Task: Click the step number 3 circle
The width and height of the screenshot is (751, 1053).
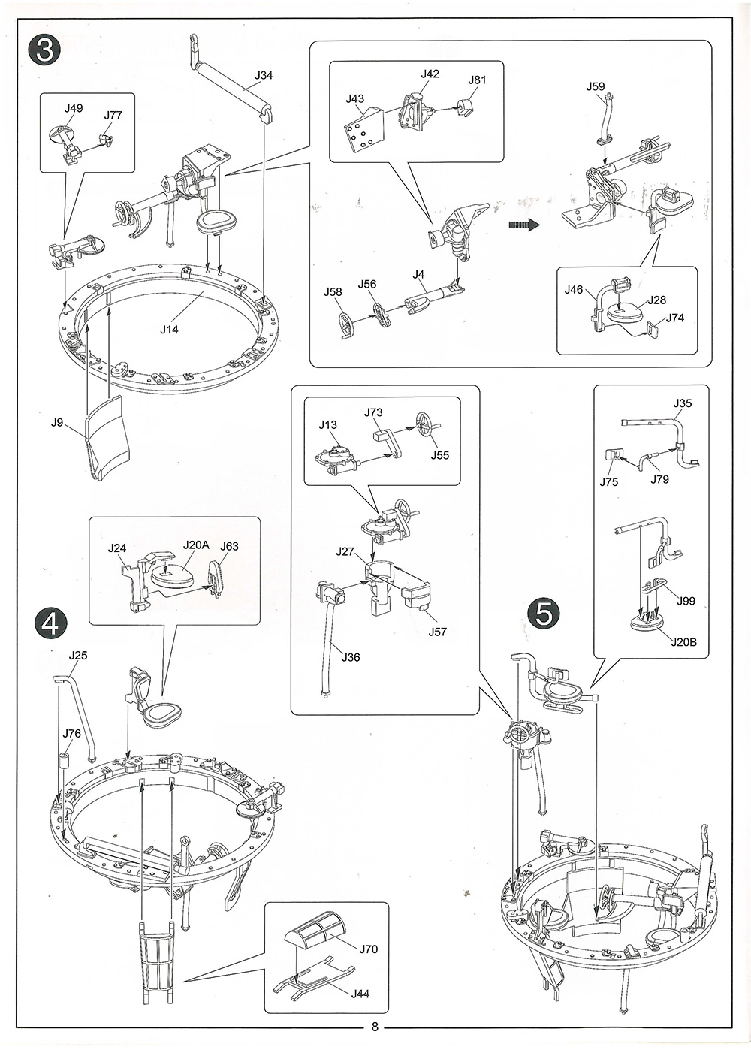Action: point(44,50)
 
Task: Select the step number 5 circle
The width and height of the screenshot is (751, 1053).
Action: point(544,612)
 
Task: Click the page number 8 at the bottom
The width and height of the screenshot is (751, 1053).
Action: point(375,1027)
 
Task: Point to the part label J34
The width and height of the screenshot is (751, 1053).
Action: point(264,75)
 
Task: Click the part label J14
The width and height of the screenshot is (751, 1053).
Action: point(169,329)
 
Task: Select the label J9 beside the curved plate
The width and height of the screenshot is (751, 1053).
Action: point(57,422)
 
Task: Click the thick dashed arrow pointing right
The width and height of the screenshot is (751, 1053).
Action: point(523,224)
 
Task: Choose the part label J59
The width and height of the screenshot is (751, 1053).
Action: point(595,87)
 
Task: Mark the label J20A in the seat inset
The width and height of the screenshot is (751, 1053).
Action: point(195,545)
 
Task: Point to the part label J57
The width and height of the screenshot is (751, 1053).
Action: point(437,632)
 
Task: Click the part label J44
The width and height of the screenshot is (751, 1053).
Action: point(360,994)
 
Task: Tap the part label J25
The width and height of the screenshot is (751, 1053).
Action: point(78,655)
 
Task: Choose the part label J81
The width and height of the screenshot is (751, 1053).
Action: point(477,80)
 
